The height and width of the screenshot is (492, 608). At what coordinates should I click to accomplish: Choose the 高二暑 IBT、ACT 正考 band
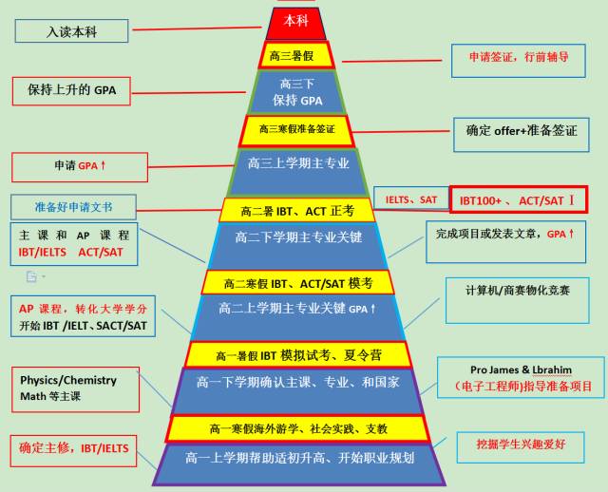pos(296,210)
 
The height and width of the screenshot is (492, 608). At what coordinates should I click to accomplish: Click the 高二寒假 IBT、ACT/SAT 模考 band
pos(296,283)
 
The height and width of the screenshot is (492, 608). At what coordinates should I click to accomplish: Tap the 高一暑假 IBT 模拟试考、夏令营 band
pos(296,355)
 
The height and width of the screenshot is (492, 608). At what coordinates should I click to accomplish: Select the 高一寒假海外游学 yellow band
pos(296,428)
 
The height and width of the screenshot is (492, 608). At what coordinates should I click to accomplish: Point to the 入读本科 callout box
pos(72,31)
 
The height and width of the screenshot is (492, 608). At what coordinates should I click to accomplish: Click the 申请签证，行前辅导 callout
pos(518,57)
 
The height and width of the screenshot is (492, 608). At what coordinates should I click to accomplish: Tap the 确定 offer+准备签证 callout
pos(521,131)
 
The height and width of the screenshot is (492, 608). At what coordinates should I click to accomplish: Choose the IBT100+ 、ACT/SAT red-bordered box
pos(518,200)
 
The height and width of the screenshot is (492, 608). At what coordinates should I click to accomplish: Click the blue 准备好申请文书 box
pos(72,205)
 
